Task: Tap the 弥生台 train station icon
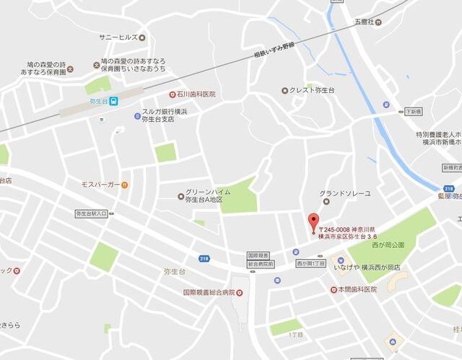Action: [115, 102]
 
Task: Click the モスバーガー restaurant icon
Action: [126, 184]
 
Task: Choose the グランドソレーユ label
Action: [345, 194]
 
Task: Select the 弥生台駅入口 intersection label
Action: [91, 214]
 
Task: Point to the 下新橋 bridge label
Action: [412, 111]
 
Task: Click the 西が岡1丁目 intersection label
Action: [308, 263]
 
